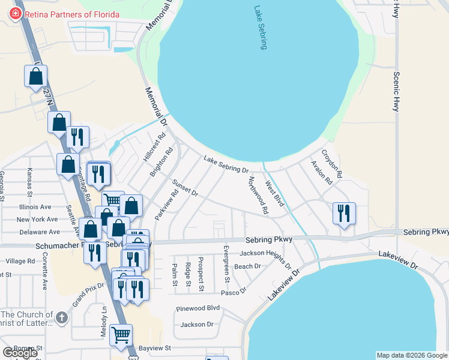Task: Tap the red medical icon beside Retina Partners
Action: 15,14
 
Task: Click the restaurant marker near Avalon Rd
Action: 344,214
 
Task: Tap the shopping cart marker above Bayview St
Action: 121,335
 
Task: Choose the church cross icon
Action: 61,317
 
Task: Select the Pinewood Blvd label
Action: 198,308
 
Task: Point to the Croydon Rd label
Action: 331,163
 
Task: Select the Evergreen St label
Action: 226,263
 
